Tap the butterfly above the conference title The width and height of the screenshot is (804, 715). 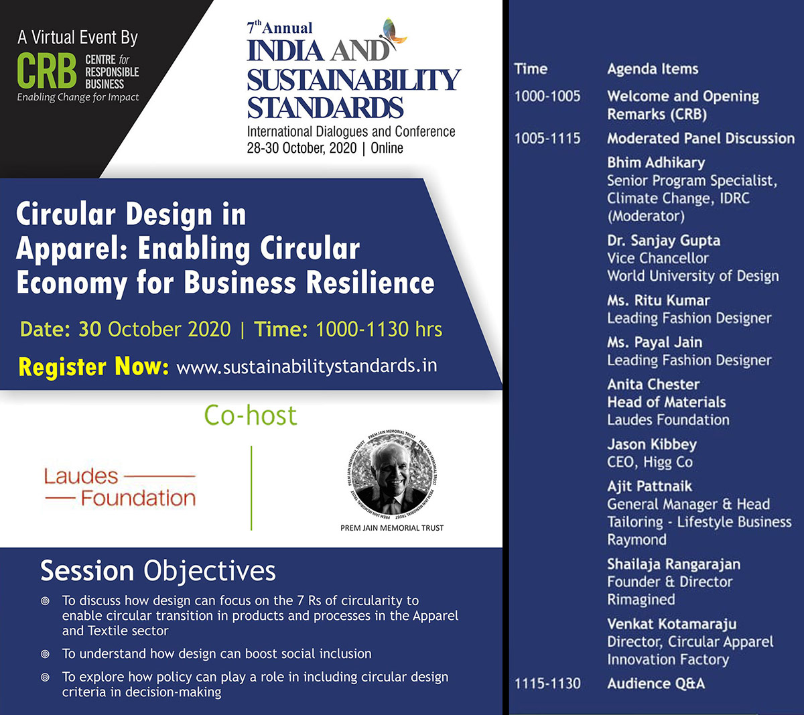click(394, 33)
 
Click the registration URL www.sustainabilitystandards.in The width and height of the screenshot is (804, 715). click(307, 366)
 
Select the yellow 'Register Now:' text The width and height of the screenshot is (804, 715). click(94, 367)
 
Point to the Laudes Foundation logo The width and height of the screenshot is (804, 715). click(120, 487)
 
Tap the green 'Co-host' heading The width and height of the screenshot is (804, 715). click(251, 415)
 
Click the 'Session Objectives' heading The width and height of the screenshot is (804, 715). click(158, 572)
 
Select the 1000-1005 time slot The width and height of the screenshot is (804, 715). click(547, 96)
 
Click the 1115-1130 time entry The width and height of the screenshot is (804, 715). click(547, 684)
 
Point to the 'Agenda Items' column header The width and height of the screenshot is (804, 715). click(653, 69)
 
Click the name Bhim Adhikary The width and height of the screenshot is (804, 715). click(656, 162)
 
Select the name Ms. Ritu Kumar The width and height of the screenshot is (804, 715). click(659, 300)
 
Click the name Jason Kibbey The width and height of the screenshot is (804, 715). click(652, 444)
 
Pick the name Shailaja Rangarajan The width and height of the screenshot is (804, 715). click(674, 564)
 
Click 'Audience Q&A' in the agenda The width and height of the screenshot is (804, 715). click(656, 684)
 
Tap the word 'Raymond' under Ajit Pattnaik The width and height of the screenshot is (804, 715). click(637, 540)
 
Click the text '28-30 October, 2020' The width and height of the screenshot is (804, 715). click(301, 148)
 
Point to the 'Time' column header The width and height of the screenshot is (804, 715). click(531, 69)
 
